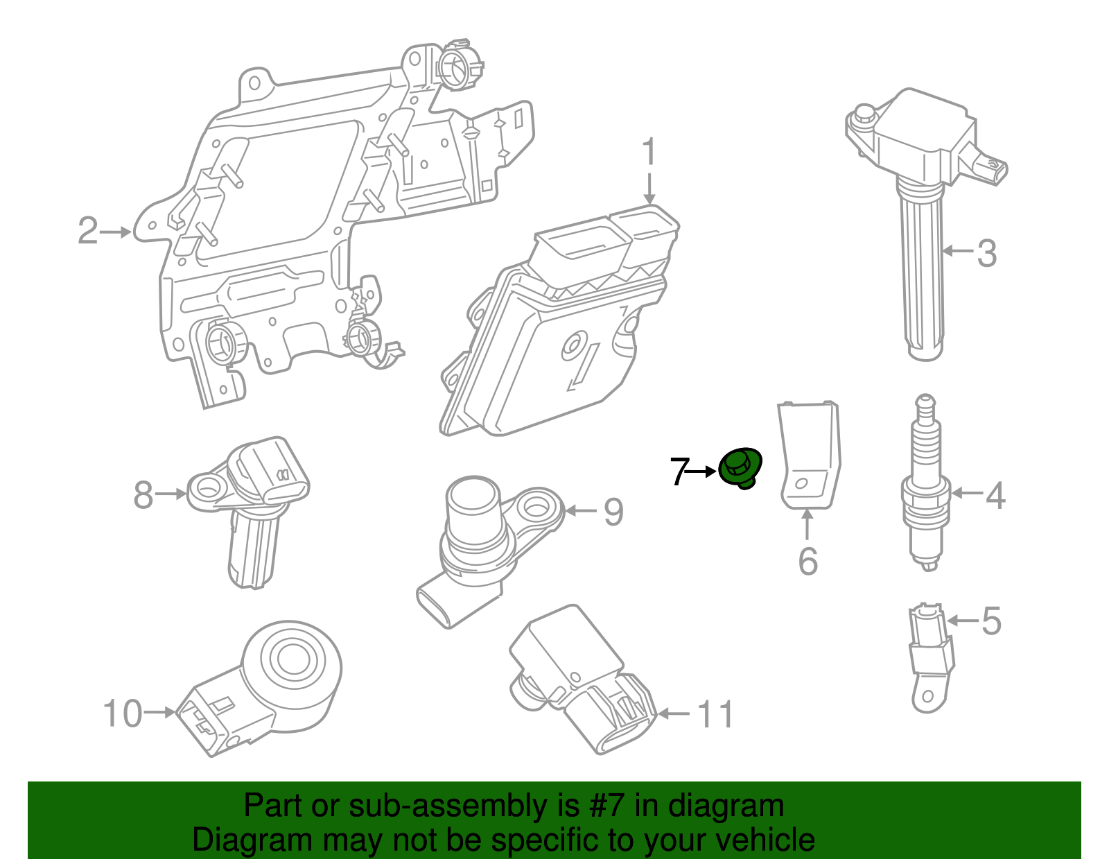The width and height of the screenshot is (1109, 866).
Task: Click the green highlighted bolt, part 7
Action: click(740, 468)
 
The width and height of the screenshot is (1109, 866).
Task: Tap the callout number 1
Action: click(649, 151)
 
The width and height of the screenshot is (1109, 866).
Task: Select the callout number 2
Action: click(88, 231)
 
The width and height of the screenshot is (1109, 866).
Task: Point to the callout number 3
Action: click(986, 253)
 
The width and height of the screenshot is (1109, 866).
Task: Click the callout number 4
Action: click(995, 495)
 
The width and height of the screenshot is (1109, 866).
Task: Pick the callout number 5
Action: click(991, 621)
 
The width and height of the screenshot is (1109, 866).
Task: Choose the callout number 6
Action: click(808, 562)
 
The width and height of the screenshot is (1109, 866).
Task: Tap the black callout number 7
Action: click(681, 471)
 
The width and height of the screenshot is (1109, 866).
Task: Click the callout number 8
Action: click(143, 494)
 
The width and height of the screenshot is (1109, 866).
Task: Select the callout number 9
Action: click(613, 512)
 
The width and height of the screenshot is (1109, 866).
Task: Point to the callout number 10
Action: click(123, 713)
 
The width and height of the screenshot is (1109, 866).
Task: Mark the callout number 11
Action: click(715, 714)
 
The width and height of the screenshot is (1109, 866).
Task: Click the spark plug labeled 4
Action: click(925, 483)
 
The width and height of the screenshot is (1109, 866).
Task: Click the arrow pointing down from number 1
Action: click(649, 189)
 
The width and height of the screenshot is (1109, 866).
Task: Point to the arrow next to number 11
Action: click(673, 713)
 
